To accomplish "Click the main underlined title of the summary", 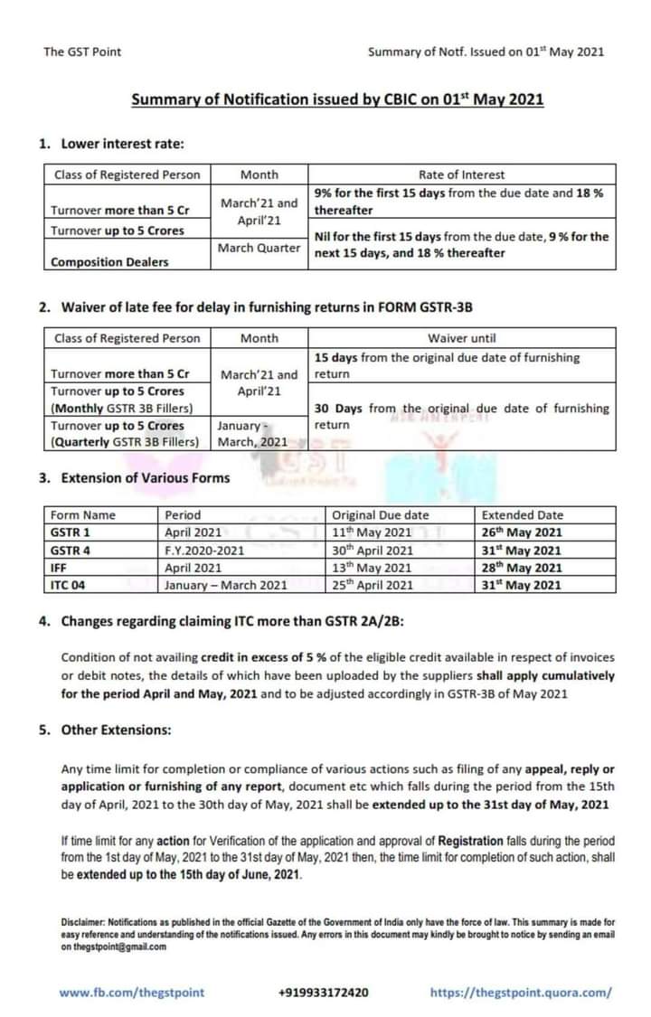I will (x=337, y=99).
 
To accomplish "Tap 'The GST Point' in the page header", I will (x=82, y=52).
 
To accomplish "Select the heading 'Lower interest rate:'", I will (x=125, y=143).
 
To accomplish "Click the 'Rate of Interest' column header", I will (x=461, y=174).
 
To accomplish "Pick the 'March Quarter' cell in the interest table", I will (x=259, y=247).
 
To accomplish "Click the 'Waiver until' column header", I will (x=462, y=338).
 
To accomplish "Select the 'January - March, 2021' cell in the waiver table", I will (x=252, y=434).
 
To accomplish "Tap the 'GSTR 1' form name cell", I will (x=71, y=532).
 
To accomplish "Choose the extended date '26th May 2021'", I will (x=522, y=532).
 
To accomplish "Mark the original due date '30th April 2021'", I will (x=373, y=550).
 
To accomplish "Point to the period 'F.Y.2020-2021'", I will (x=204, y=550).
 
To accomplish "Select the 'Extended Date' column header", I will (x=523, y=515).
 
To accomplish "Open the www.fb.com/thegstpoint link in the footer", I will (x=132, y=992).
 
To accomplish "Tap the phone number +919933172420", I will (x=324, y=992).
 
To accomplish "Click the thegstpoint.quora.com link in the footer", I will (x=521, y=992).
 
